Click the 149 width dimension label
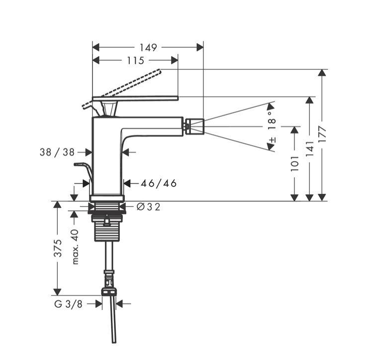(148, 48)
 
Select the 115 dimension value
(135, 61)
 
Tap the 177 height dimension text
(323, 135)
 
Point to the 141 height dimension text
(309, 149)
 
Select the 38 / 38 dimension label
(57, 153)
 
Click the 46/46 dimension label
(159, 183)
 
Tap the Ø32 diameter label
(148, 207)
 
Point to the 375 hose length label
(58, 248)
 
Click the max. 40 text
(75, 247)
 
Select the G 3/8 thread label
(69, 303)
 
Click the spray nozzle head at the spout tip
(194, 126)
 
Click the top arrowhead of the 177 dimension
(323, 73)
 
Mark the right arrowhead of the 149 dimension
(200, 47)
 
